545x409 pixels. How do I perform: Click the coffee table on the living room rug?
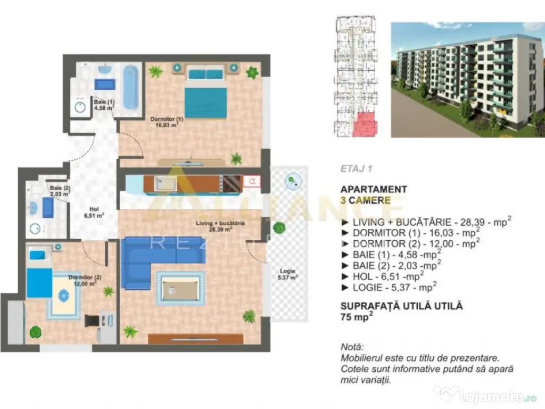pos(180,288)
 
